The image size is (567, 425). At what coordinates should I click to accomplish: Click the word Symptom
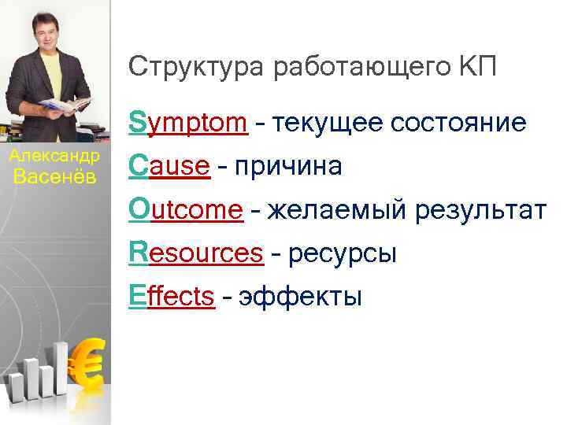190,124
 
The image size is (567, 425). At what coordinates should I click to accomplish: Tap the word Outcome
187,209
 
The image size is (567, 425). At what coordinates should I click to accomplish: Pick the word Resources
196,253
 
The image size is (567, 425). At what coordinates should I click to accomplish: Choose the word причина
287,167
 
